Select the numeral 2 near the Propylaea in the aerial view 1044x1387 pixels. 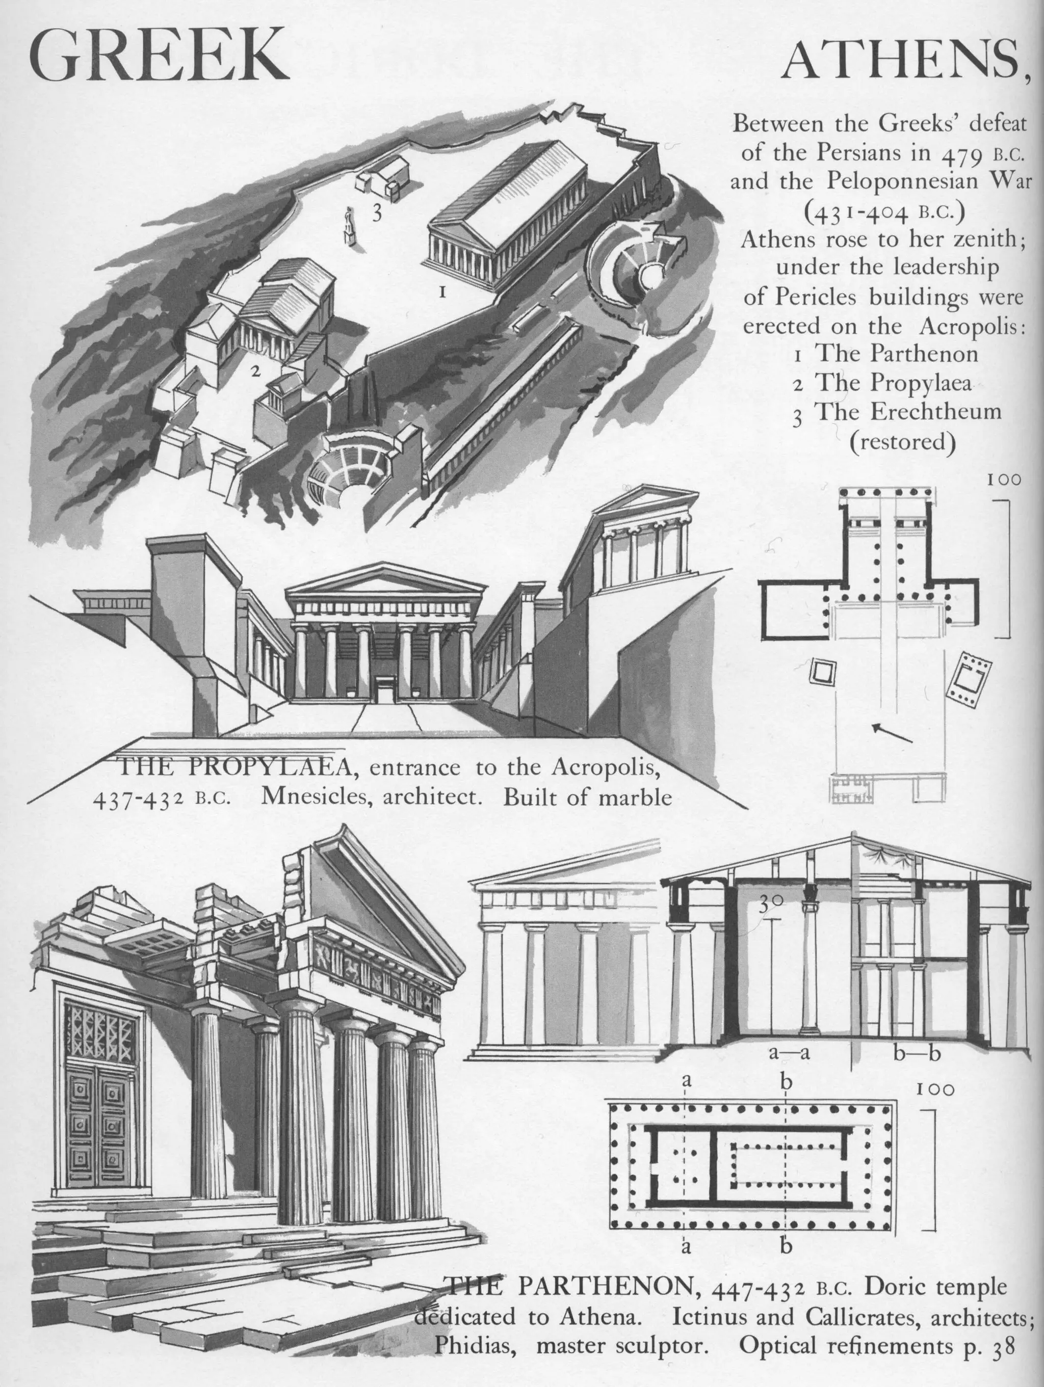(x=255, y=371)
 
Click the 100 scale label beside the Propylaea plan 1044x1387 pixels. (x=1004, y=479)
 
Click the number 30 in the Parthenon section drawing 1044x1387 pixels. (x=771, y=903)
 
